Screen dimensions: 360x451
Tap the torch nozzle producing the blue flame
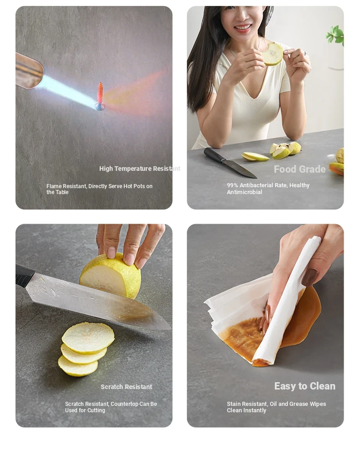(29, 71)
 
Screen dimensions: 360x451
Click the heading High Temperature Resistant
(139, 169)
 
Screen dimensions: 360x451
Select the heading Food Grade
(299, 169)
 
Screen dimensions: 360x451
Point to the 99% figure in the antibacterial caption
(232, 185)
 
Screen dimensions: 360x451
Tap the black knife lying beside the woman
(230, 163)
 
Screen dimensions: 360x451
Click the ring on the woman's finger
(305, 53)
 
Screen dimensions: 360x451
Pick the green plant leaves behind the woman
(335, 36)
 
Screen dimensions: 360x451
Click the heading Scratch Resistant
(126, 387)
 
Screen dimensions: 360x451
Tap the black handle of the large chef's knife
(25, 276)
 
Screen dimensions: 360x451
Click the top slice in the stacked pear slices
(88, 338)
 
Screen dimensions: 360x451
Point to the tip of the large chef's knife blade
(170, 329)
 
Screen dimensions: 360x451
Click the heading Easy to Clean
(305, 386)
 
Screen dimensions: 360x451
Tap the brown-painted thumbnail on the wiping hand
(309, 277)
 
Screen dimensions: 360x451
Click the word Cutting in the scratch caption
(97, 410)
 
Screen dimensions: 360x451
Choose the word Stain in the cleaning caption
(233, 404)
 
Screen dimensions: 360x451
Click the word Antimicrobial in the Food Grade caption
(244, 192)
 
